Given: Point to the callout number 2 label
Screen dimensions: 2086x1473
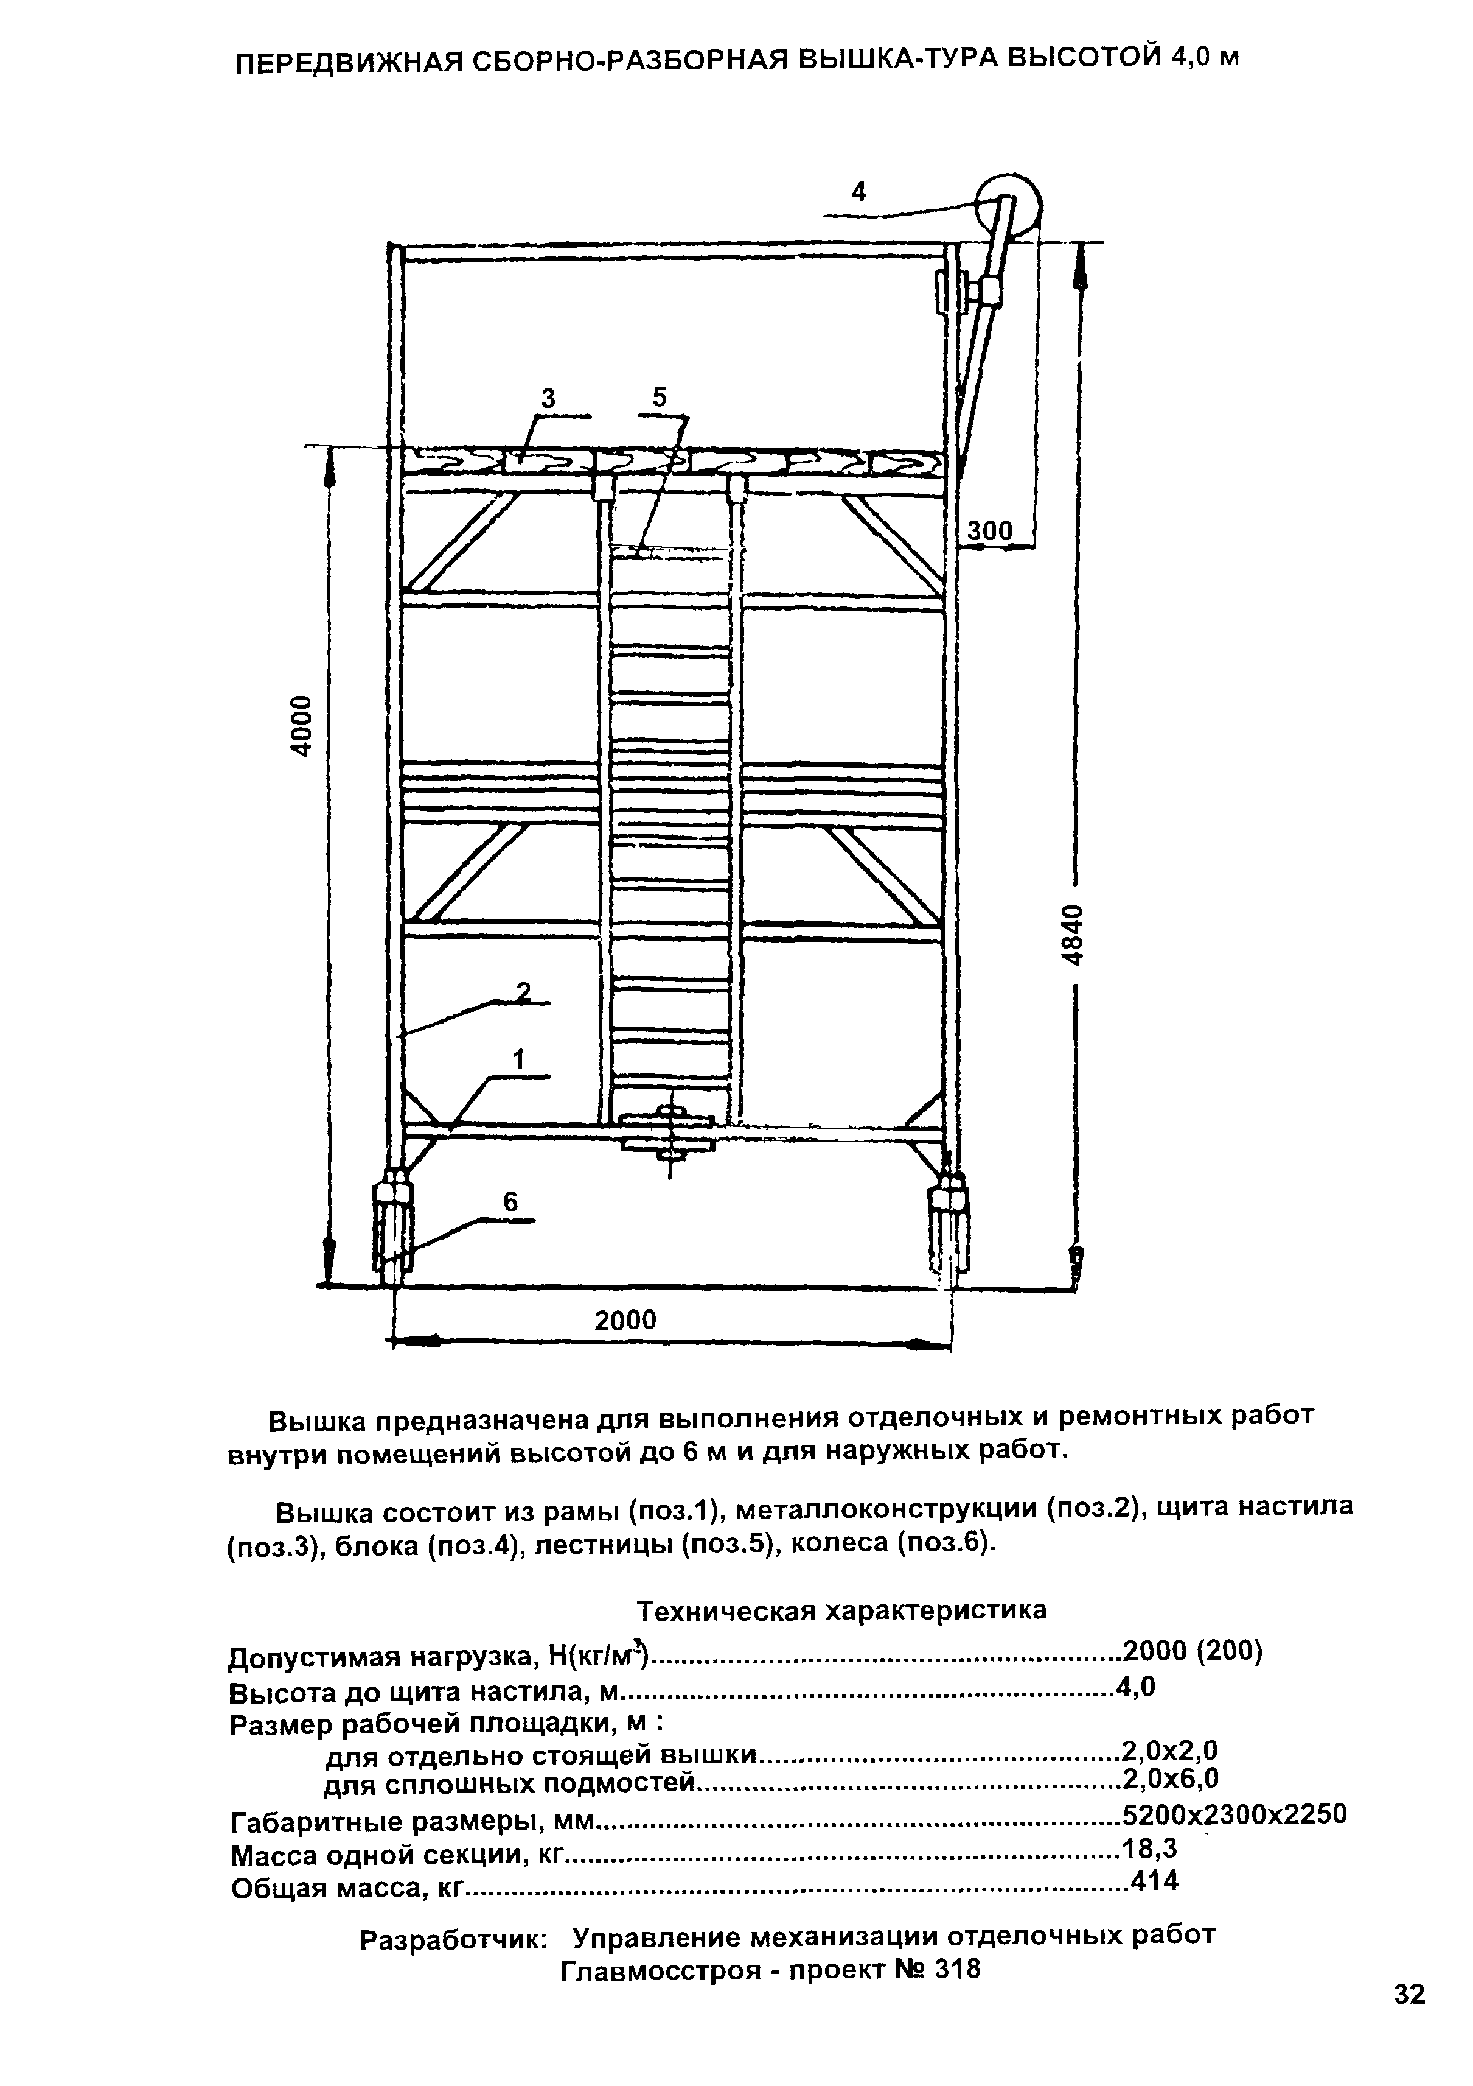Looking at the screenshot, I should coord(523,992).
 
